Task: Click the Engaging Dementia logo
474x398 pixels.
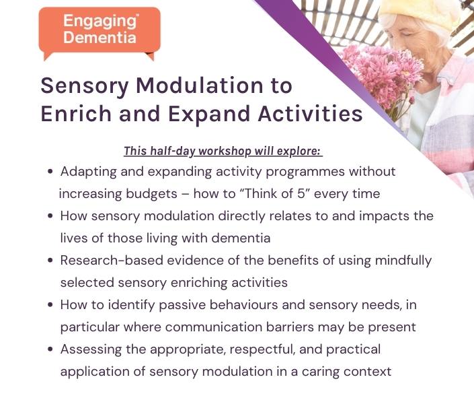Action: (x=100, y=33)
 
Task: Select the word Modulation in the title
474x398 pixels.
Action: (x=200, y=86)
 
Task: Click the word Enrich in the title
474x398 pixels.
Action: (x=76, y=114)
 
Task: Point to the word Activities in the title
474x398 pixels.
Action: (x=310, y=114)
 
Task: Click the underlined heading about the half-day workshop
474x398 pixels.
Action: (x=223, y=151)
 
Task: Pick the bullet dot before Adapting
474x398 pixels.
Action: (x=50, y=172)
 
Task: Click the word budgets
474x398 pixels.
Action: (x=152, y=195)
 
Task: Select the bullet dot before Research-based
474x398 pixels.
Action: (x=50, y=260)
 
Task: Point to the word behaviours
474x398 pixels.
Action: (x=243, y=304)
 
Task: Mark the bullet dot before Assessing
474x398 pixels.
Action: (x=50, y=350)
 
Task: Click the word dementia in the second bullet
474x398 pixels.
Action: (x=241, y=238)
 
